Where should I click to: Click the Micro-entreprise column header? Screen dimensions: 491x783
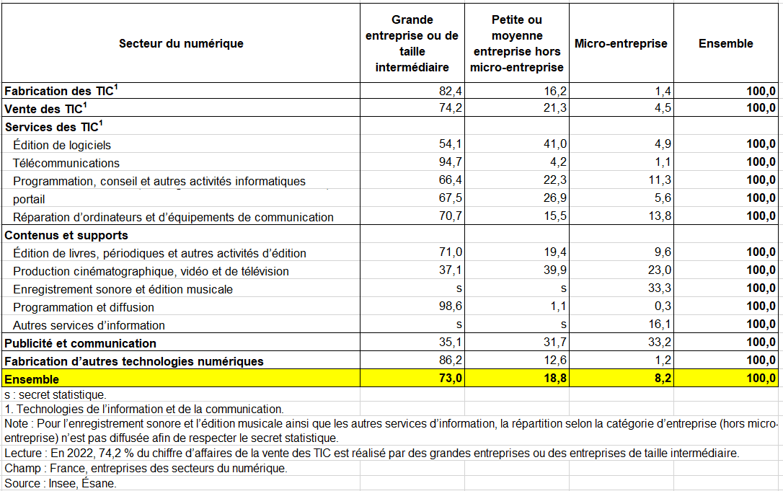tap(621, 43)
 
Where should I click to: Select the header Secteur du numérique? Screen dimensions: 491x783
tap(181, 43)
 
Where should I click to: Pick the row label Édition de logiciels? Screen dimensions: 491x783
tap(62, 145)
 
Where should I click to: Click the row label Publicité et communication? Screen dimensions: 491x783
tap(80, 343)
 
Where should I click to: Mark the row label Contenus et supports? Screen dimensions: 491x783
tap(66, 235)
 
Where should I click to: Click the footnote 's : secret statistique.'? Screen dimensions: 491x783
tap(55, 394)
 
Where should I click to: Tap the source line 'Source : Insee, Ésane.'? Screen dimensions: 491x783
tap(60, 483)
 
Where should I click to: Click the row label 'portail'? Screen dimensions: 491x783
tap(29, 198)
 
